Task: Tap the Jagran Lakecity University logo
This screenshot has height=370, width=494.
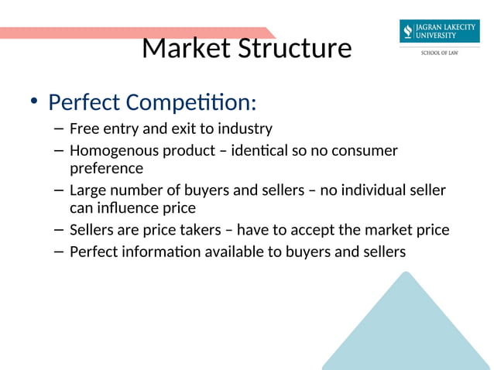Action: (x=439, y=32)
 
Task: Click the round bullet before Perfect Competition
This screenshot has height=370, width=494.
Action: (x=33, y=102)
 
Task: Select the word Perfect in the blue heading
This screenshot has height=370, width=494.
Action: (x=84, y=102)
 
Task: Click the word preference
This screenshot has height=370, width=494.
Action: (x=106, y=168)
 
